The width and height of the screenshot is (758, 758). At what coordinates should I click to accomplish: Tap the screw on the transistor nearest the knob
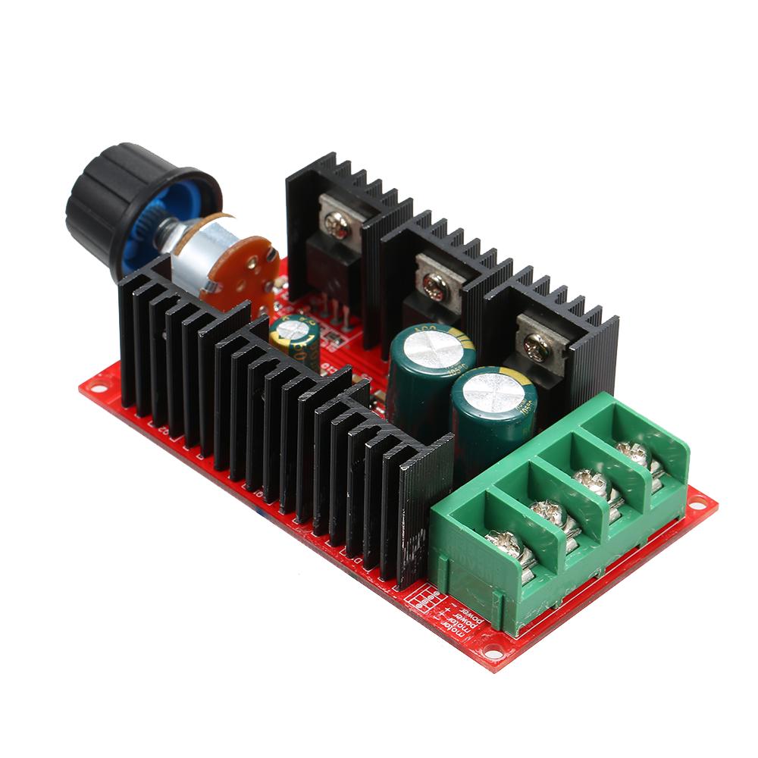(335, 221)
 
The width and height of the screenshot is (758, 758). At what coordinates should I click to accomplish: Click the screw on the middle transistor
(434, 284)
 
